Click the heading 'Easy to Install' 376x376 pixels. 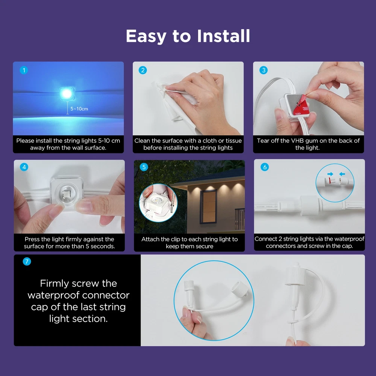[188, 36]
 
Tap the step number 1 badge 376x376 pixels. [24, 70]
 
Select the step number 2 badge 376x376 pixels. [143, 70]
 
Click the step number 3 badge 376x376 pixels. [264, 70]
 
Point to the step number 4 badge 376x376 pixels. [24, 167]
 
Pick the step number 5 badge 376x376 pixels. [144, 167]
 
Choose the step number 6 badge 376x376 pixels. [265, 167]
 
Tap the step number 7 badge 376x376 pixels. [27, 261]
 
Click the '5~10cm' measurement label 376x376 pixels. [79, 109]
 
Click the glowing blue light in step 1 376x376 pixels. [67, 93]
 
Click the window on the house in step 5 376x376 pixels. [208, 206]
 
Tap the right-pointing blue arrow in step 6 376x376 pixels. [330, 174]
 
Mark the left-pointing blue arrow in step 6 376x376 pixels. [342, 174]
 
